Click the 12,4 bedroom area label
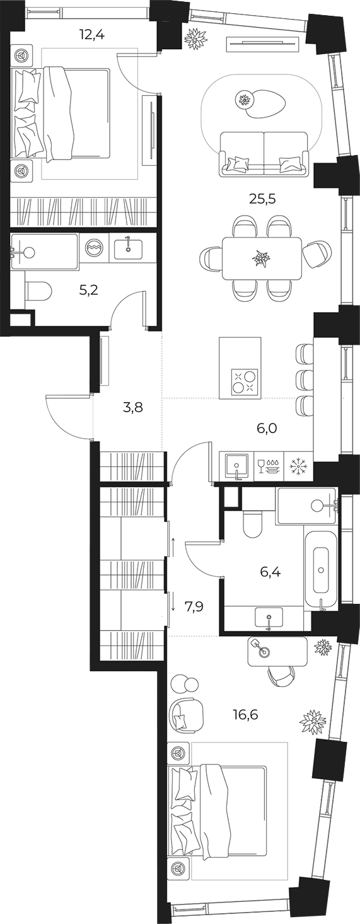point(93,34)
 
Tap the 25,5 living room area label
point(262,199)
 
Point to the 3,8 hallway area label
point(132,408)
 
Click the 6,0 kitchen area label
point(266,429)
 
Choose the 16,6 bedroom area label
point(245,714)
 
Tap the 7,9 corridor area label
point(195,606)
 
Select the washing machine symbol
point(93,248)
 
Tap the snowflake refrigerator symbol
point(297,466)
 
